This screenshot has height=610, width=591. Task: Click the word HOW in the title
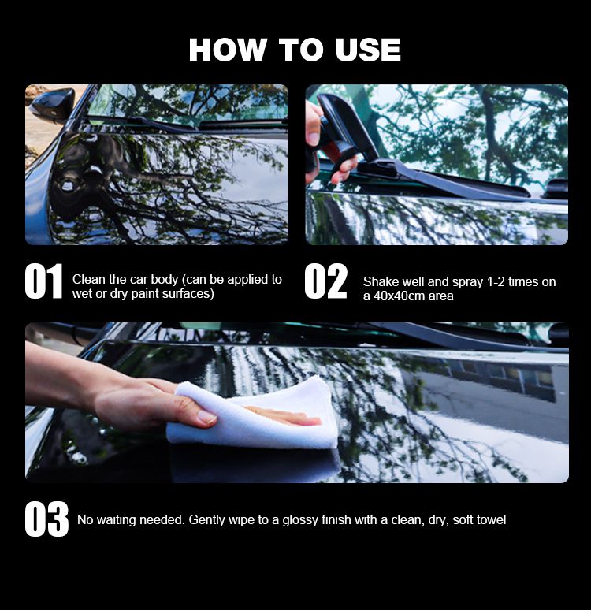(x=226, y=50)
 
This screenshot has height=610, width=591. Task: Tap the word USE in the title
(x=368, y=50)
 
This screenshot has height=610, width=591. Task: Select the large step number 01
(x=43, y=281)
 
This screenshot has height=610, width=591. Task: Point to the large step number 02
(x=325, y=281)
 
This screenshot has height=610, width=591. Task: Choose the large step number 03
(x=46, y=519)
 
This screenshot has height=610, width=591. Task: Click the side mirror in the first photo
(x=53, y=104)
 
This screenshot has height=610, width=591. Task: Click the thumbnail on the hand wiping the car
(x=206, y=418)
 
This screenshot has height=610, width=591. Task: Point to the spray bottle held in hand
(x=340, y=132)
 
